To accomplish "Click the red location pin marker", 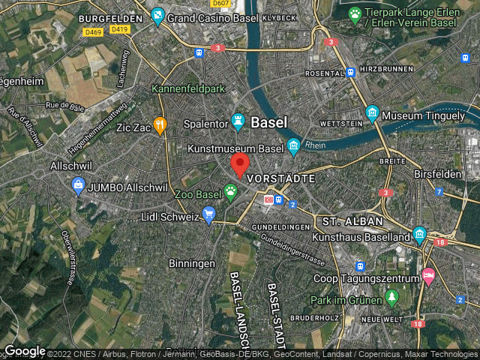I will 239,164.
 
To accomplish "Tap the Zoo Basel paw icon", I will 230,193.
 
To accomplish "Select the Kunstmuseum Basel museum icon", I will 294,146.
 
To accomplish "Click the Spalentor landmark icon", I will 238,120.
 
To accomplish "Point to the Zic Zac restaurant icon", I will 159,126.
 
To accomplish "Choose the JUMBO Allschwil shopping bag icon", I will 78,184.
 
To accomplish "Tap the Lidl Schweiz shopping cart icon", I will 208,216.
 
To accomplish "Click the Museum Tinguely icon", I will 372,115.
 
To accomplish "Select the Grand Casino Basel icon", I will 157,14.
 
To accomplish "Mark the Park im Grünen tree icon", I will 391,299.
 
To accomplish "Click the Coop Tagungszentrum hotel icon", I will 427,276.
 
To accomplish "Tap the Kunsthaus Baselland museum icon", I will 418,235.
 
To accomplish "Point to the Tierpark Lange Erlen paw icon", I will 355,14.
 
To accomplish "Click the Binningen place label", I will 192,264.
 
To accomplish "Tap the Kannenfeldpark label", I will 188,88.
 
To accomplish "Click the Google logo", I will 25,351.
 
